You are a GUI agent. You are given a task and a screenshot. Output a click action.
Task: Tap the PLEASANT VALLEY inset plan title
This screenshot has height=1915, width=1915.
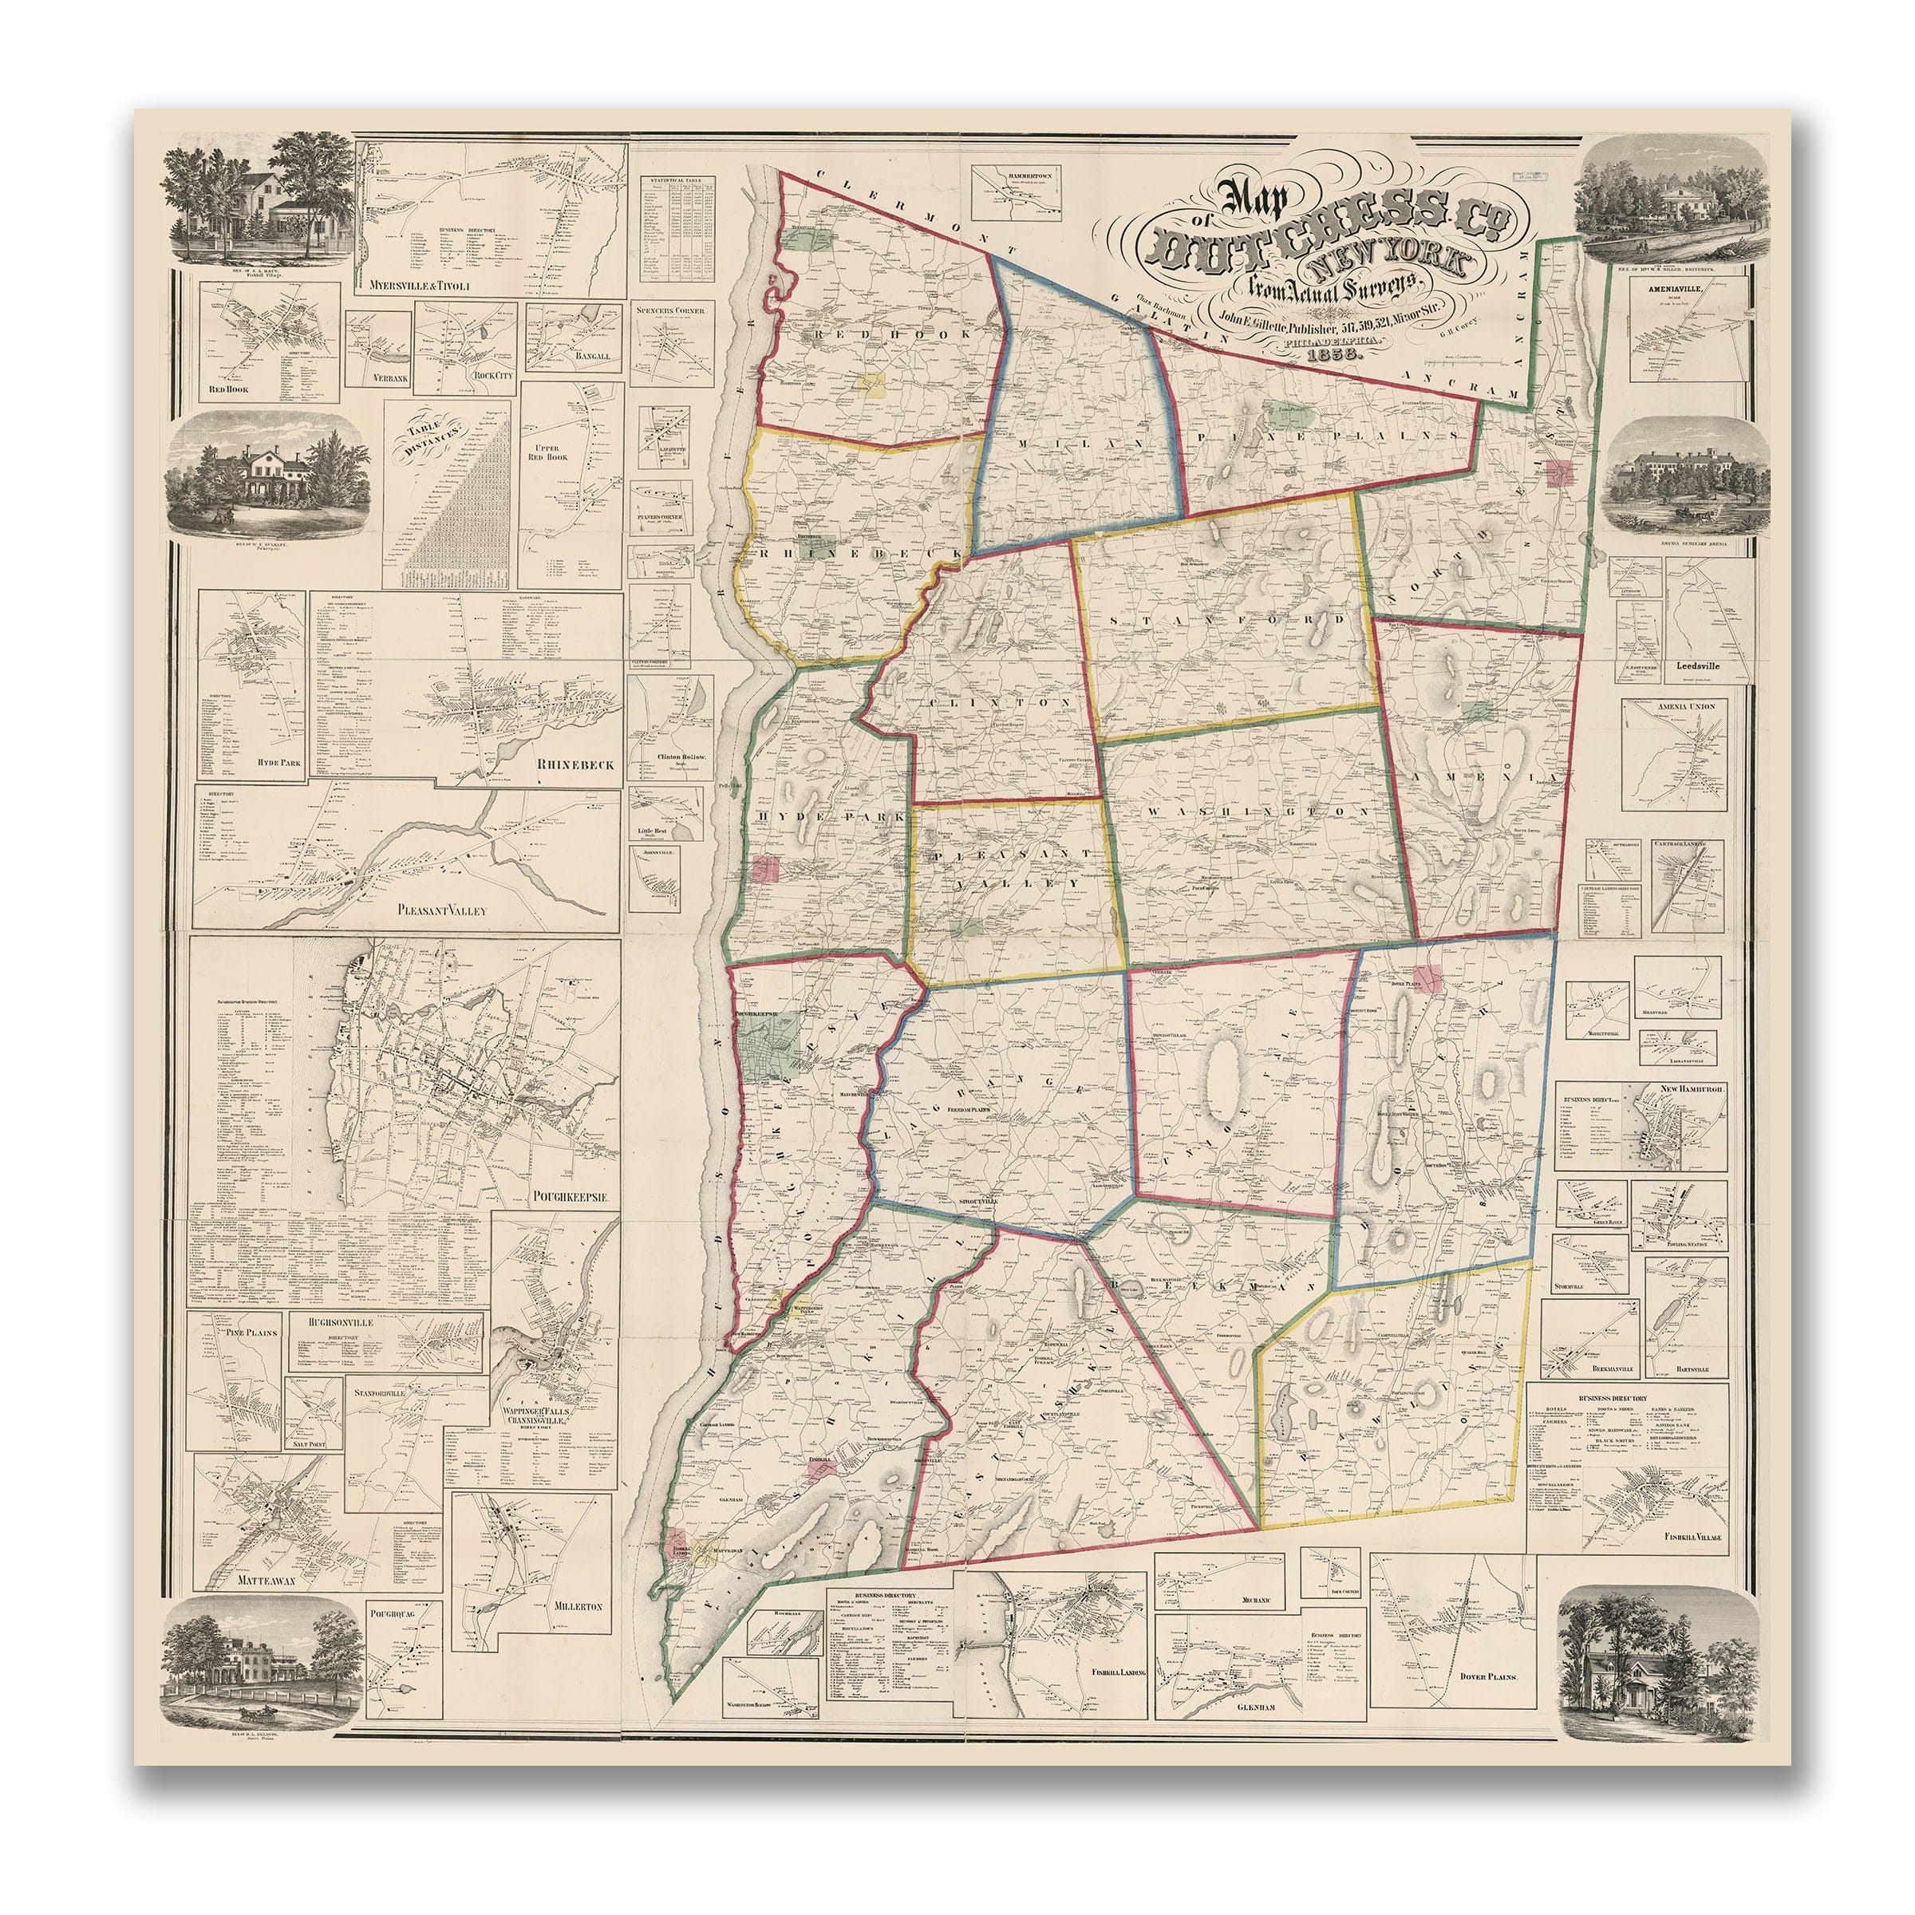(x=442, y=908)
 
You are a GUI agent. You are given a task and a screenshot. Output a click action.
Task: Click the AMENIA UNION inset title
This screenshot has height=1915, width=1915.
(x=1675, y=705)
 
